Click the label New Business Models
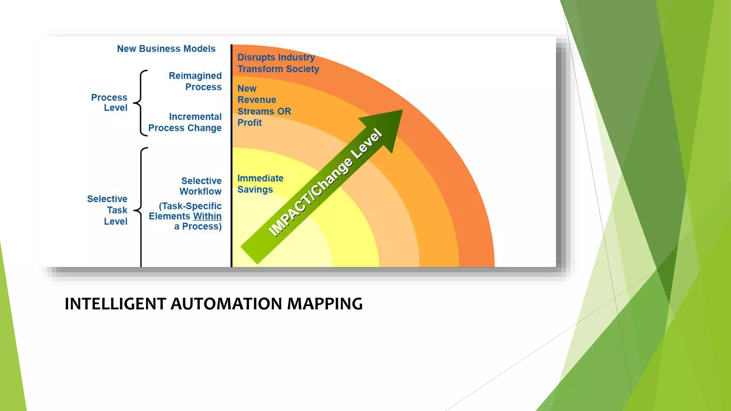click(x=166, y=49)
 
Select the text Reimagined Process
click(x=195, y=81)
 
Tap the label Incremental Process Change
click(x=185, y=122)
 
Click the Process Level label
click(x=109, y=102)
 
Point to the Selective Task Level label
click(x=107, y=210)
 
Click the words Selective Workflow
click(x=201, y=186)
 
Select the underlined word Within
click(x=207, y=216)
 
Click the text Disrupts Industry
click(x=276, y=57)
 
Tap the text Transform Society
click(x=278, y=69)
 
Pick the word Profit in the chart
click(x=249, y=123)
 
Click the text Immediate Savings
click(x=260, y=184)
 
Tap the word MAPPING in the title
click(x=325, y=304)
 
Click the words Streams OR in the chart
click(x=264, y=111)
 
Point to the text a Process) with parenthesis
click(x=198, y=227)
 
